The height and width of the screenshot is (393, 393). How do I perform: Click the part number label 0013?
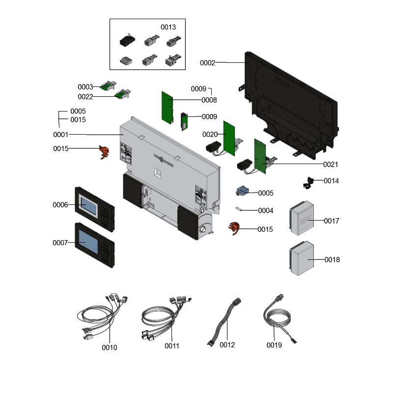coord(168,27)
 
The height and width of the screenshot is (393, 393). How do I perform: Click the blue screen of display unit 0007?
coord(88,241)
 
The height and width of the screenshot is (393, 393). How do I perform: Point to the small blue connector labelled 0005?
coord(242,191)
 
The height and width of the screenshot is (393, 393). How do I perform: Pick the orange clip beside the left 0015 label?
coord(104,152)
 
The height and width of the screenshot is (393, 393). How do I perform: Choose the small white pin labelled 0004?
coord(238,208)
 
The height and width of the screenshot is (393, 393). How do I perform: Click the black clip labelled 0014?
coord(309,183)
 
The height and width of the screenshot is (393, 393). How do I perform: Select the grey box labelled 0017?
coord(302,218)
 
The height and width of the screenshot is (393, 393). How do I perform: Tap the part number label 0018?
coord(332,260)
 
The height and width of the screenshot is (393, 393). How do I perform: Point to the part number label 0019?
coord(274,345)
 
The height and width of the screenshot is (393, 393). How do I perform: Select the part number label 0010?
coord(109,348)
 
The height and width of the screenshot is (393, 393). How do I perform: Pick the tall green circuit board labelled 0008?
coord(167,108)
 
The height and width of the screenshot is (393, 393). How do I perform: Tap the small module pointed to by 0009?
coord(184,121)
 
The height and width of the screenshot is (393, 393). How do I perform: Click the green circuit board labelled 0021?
coord(260,156)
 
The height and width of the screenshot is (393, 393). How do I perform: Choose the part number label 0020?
coord(210,135)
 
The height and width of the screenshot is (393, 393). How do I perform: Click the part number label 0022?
coord(85,97)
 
